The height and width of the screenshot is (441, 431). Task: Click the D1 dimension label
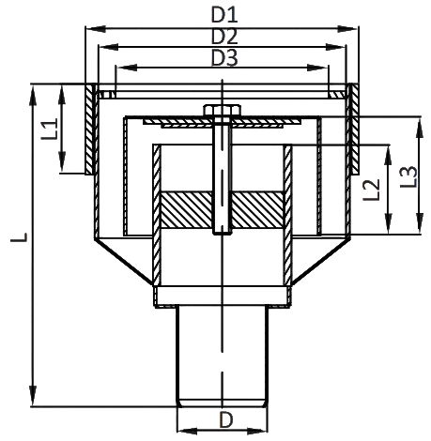(x=224, y=15)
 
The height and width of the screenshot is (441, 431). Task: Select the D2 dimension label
(x=224, y=37)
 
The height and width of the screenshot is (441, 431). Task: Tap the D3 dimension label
(x=224, y=58)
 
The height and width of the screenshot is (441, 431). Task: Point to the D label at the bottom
(x=226, y=419)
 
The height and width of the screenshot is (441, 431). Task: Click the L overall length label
(x=20, y=236)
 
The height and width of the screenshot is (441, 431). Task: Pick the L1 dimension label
(x=50, y=129)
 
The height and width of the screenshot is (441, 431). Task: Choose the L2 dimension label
(x=371, y=190)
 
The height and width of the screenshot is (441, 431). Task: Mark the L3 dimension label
(x=408, y=176)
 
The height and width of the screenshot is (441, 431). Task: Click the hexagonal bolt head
(x=223, y=111)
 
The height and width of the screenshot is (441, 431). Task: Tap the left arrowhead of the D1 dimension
(x=96, y=29)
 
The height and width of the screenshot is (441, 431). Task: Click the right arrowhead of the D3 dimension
(x=317, y=68)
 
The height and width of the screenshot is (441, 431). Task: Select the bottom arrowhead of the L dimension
(x=33, y=396)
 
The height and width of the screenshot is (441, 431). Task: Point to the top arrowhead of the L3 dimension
(x=420, y=127)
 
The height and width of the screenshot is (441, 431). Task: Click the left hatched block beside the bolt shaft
(x=186, y=210)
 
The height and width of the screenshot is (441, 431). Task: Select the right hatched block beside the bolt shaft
(x=258, y=210)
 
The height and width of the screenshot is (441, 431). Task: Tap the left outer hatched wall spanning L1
(x=90, y=129)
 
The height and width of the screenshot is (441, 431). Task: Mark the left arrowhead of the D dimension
(x=188, y=432)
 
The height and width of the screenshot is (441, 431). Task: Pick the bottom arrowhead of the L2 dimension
(x=388, y=223)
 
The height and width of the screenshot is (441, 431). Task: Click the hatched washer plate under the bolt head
(x=223, y=121)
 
